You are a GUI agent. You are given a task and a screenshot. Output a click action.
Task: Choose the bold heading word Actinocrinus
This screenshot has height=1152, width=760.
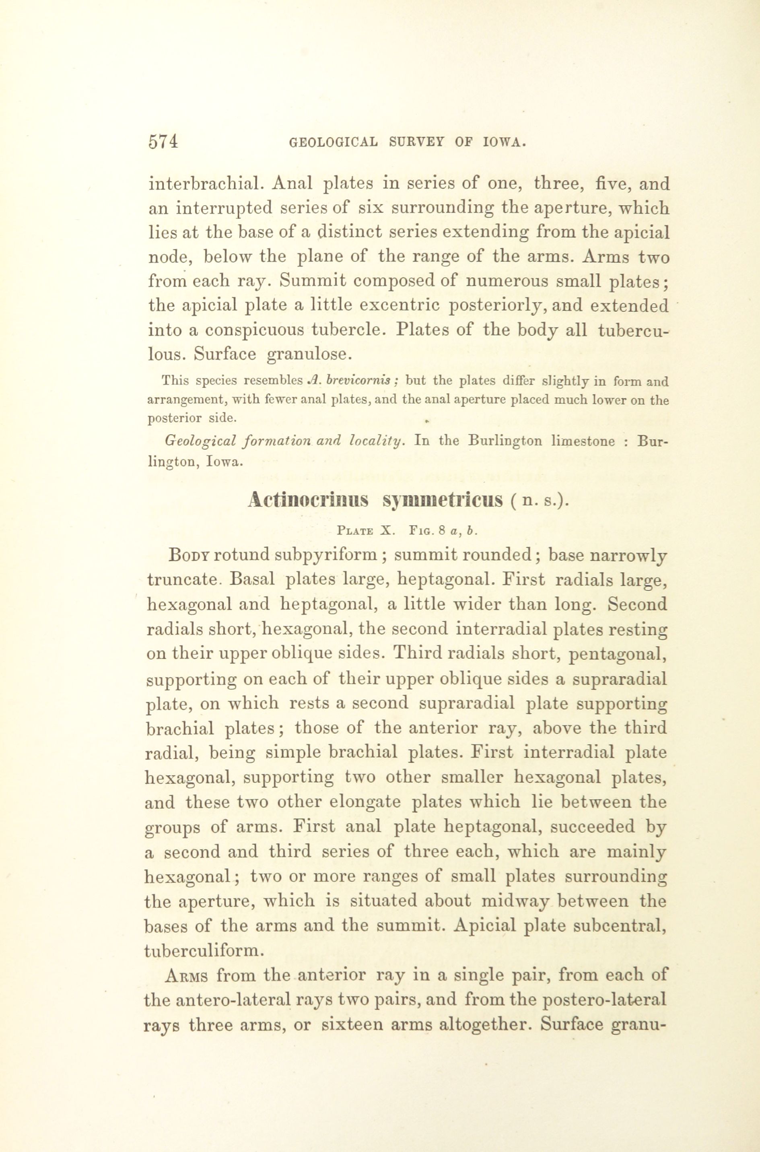[x=308, y=500]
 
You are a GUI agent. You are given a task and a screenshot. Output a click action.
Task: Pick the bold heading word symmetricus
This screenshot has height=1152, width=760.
[x=443, y=500]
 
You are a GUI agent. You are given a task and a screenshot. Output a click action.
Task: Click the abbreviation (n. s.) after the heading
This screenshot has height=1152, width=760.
[x=538, y=501]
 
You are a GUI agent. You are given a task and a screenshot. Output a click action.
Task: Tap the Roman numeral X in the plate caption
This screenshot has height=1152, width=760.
[x=385, y=531]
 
